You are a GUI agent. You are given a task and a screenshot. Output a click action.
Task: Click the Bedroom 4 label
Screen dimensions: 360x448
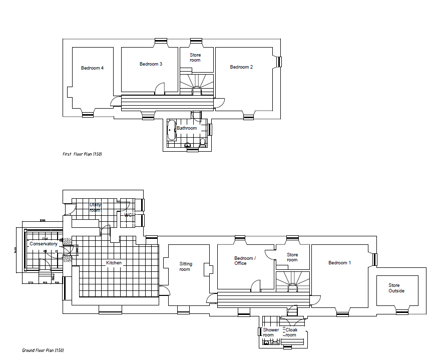92,68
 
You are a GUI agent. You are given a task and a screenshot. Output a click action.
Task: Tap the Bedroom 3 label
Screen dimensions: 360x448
151,64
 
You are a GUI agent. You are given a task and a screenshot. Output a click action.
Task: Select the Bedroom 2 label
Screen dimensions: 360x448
241,67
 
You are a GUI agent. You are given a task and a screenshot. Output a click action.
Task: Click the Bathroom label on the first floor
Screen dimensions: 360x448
187,128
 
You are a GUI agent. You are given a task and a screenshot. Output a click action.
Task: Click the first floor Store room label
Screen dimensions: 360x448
195,58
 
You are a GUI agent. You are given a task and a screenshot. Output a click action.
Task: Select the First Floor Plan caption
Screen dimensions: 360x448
82,154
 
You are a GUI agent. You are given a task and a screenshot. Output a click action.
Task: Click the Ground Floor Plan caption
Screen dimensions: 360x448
43,350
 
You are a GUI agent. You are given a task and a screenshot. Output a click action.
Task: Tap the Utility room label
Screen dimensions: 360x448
95,208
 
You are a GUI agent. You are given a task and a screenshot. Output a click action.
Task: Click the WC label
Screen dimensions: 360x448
128,215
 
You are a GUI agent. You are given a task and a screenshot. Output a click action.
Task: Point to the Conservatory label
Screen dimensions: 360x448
44,244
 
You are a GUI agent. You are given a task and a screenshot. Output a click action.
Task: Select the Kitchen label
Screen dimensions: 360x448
114,263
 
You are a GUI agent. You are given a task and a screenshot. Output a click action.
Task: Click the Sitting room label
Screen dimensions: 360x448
185,267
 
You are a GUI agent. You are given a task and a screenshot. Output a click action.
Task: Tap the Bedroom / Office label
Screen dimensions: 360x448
245,261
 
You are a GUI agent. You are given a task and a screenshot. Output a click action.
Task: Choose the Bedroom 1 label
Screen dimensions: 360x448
339,263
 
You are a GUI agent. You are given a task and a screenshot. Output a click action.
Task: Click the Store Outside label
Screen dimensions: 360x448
396,288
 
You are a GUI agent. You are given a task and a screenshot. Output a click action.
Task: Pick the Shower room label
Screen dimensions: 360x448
271,332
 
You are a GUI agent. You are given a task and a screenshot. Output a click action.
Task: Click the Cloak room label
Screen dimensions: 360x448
291,332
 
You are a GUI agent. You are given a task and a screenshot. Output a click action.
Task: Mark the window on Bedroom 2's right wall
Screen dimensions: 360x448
280,62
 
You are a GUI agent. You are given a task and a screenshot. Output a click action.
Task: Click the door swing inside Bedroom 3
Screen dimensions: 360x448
159,89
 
